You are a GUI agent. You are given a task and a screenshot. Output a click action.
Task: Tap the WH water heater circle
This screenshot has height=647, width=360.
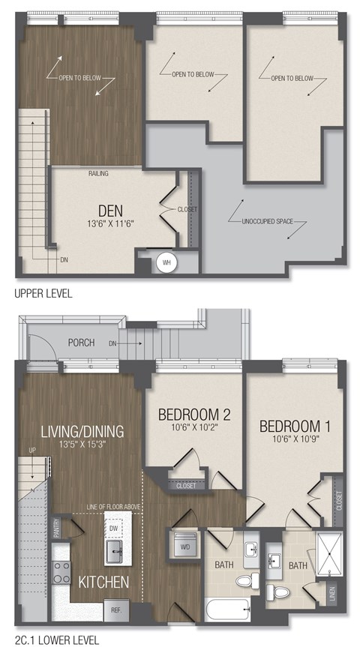(166, 263)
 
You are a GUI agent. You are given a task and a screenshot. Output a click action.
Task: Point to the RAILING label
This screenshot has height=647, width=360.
(97, 174)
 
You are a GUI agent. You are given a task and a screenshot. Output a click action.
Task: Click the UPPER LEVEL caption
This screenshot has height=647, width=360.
(43, 294)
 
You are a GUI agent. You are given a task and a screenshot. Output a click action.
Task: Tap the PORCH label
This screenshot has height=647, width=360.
(81, 343)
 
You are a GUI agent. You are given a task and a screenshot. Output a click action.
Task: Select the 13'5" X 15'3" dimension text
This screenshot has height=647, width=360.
(82, 445)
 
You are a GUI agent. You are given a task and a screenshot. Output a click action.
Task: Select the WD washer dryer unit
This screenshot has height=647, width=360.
(184, 547)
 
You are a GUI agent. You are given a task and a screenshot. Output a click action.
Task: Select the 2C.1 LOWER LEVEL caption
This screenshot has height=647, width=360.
(51, 640)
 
